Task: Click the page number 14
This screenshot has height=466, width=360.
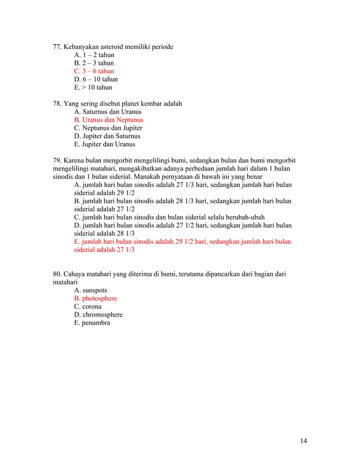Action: click(304, 441)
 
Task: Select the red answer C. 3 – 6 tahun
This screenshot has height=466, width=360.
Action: click(94, 71)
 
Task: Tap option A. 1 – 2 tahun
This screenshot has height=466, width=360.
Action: click(94, 55)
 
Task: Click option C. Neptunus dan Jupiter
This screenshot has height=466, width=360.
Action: click(108, 128)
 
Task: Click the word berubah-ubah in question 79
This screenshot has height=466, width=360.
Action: click(246, 217)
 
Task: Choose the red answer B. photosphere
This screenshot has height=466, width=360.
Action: click(95, 298)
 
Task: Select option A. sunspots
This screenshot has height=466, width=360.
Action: click(90, 291)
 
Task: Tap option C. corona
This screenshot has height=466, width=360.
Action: click(88, 306)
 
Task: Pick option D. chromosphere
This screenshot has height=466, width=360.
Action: click(98, 315)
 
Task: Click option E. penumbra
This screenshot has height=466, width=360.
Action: click(92, 323)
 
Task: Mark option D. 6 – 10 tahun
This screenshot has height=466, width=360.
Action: click(95, 79)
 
